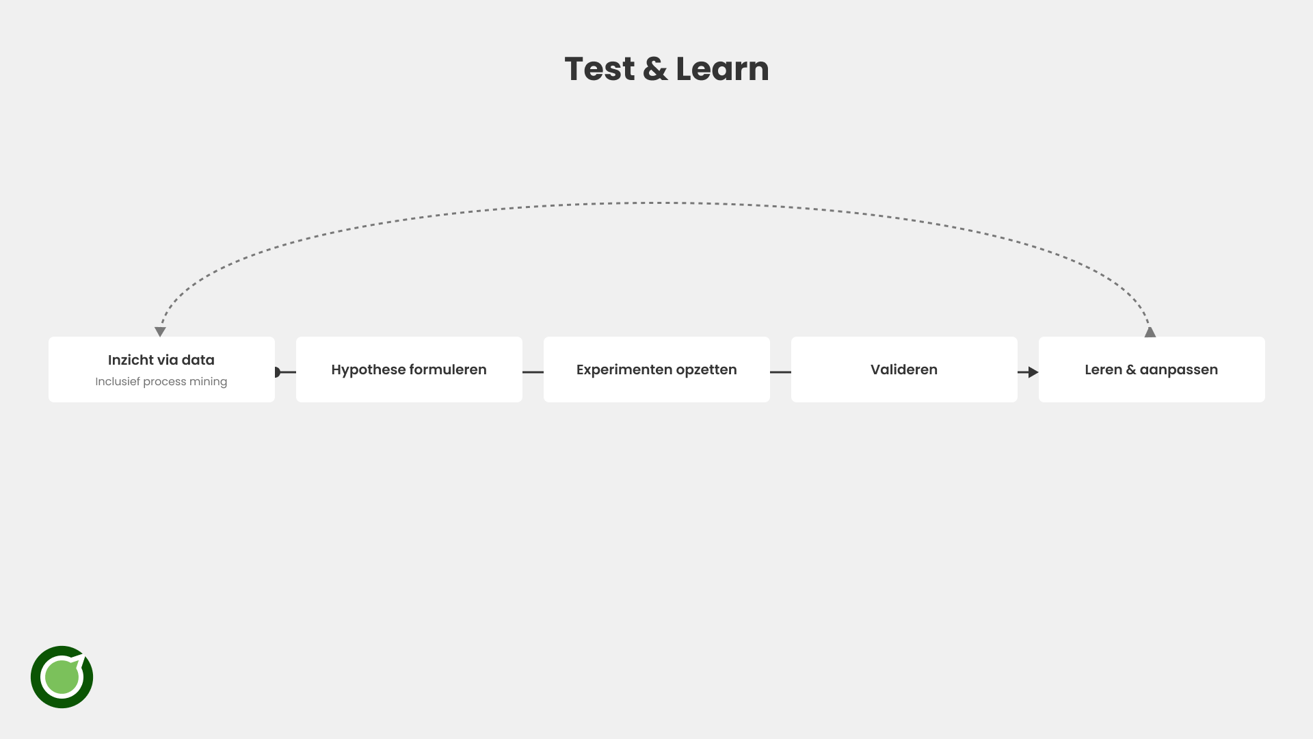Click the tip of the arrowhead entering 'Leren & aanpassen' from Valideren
[1039, 372]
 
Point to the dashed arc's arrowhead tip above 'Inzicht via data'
[160, 337]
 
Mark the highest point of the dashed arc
[656, 203]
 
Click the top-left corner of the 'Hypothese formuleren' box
[296, 337]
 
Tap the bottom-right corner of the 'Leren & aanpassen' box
[1265, 402]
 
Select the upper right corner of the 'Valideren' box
[1018, 337]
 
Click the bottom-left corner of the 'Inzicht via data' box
[49, 402]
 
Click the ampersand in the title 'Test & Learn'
[655, 69]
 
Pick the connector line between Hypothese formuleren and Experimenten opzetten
[533, 372]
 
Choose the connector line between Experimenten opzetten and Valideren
[780, 372]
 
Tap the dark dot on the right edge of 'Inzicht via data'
[278, 372]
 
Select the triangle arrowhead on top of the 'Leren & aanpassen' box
[1150, 333]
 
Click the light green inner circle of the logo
[62, 677]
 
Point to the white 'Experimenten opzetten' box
[656, 369]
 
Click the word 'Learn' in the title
[722, 69]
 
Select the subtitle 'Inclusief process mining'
[161, 382]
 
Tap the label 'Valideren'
[904, 369]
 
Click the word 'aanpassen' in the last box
[1179, 370]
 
